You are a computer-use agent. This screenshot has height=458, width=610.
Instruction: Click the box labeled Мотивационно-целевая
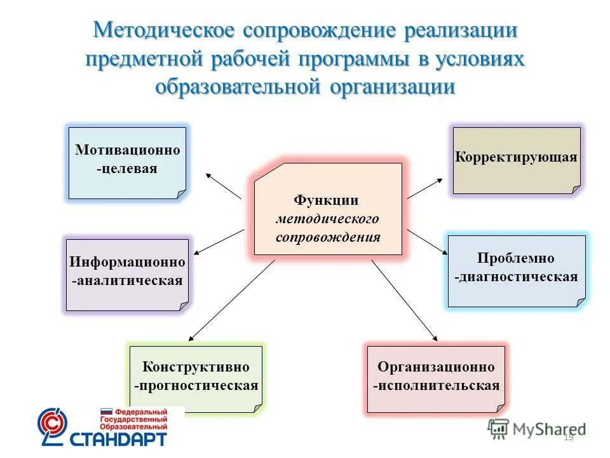(x=127, y=163)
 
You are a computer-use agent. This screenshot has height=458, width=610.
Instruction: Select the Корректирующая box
(x=516, y=160)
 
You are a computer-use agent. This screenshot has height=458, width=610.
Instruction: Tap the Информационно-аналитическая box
(x=127, y=274)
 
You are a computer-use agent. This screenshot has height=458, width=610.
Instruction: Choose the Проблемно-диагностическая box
(x=516, y=271)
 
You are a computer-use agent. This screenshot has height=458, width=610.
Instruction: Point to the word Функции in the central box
(x=327, y=201)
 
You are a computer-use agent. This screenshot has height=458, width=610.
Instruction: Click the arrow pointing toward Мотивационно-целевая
(x=223, y=185)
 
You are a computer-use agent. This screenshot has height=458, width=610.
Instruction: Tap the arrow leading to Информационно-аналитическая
(x=218, y=242)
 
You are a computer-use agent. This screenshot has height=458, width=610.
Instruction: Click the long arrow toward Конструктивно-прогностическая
(x=231, y=299)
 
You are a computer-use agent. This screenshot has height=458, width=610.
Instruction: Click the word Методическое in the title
(x=164, y=31)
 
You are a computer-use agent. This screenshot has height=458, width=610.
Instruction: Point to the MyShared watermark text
(x=548, y=429)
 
